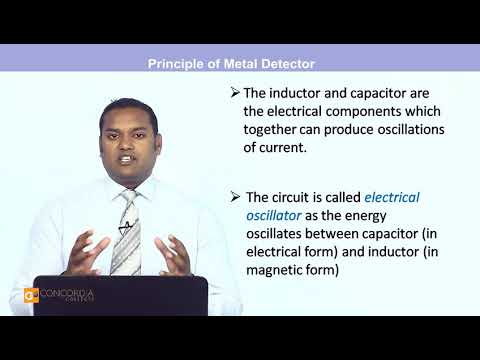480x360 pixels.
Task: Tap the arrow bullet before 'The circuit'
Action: pos(235,196)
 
